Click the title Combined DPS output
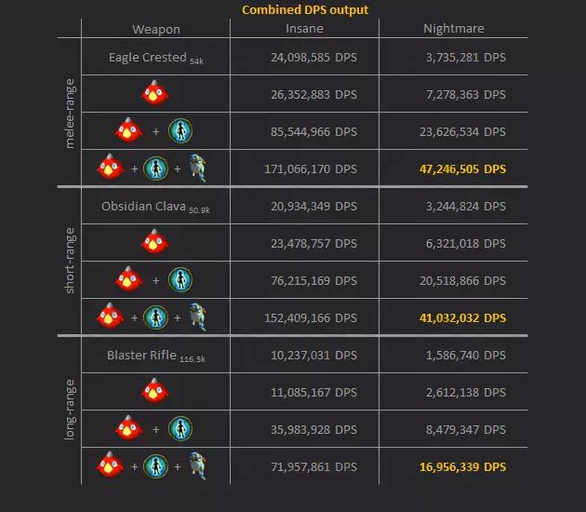[305, 9]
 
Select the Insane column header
[304, 29]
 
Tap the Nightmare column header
[453, 29]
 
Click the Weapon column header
[155, 29]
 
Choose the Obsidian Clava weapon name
[144, 206]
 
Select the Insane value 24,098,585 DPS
[311, 57]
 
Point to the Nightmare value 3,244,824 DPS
[463, 206]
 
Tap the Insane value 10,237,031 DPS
[311, 355]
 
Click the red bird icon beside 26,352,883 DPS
[154, 93]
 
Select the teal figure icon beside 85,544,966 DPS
[180, 130]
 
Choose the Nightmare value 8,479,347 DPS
[463, 429]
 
